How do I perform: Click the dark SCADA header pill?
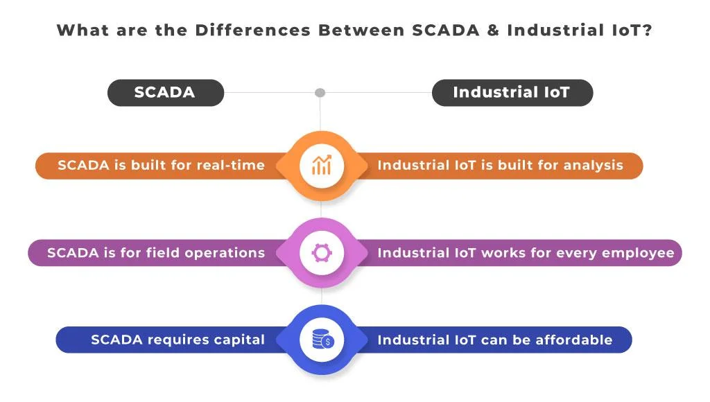(x=166, y=93)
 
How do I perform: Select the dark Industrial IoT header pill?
(x=512, y=93)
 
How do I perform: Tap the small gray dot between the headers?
(x=320, y=93)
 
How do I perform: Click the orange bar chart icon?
(x=322, y=165)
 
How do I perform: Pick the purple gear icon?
(x=322, y=252)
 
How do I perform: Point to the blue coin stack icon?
(x=323, y=340)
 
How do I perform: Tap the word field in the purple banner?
(x=163, y=252)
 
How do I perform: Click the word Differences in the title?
(x=253, y=30)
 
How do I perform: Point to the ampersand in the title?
(x=493, y=30)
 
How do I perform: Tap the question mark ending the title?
(x=647, y=30)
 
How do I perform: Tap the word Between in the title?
(x=361, y=30)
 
